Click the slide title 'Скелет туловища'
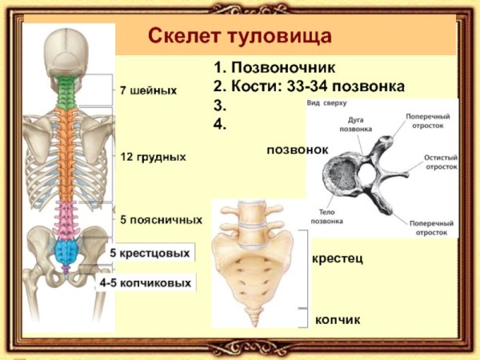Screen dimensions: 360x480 [240, 37]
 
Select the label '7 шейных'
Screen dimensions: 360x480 [148, 90]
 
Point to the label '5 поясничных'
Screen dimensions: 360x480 [161, 219]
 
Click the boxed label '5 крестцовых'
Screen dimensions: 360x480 [150, 254]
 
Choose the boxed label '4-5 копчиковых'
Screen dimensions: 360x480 [145, 283]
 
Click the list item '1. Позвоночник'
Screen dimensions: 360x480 [274, 68]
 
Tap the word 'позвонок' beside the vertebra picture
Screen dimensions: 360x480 [297, 150]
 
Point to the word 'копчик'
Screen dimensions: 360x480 [338, 320]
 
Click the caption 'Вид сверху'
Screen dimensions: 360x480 [327, 104]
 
